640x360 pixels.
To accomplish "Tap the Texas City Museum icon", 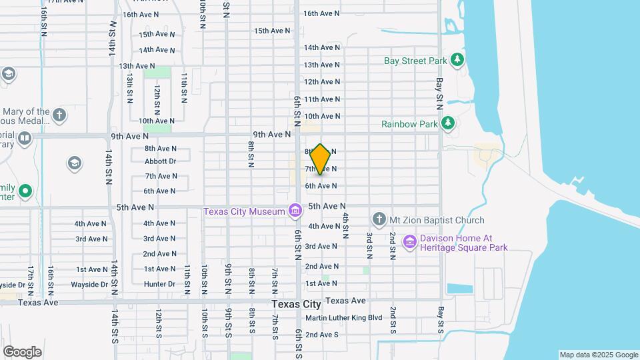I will coord(295,212).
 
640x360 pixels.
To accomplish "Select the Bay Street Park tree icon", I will coord(457,61).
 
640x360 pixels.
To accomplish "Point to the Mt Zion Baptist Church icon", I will coord(379,219).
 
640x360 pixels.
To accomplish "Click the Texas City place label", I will coord(297,304).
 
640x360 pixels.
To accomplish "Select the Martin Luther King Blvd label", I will coord(343,318).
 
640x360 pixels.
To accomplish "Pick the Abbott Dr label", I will coord(160,161).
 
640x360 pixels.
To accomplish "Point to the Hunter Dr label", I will coord(160,284).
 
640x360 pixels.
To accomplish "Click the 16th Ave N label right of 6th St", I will coord(321,13).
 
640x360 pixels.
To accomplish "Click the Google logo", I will coord(21,352).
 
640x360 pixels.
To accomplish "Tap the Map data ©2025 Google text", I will coord(598,355).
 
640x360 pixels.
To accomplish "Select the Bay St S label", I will coord(440,321).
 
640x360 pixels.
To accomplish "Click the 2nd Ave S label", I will coord(322,335).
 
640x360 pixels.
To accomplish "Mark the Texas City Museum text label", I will coord(245,212).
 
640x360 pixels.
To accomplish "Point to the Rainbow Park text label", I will coord(409,124).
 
